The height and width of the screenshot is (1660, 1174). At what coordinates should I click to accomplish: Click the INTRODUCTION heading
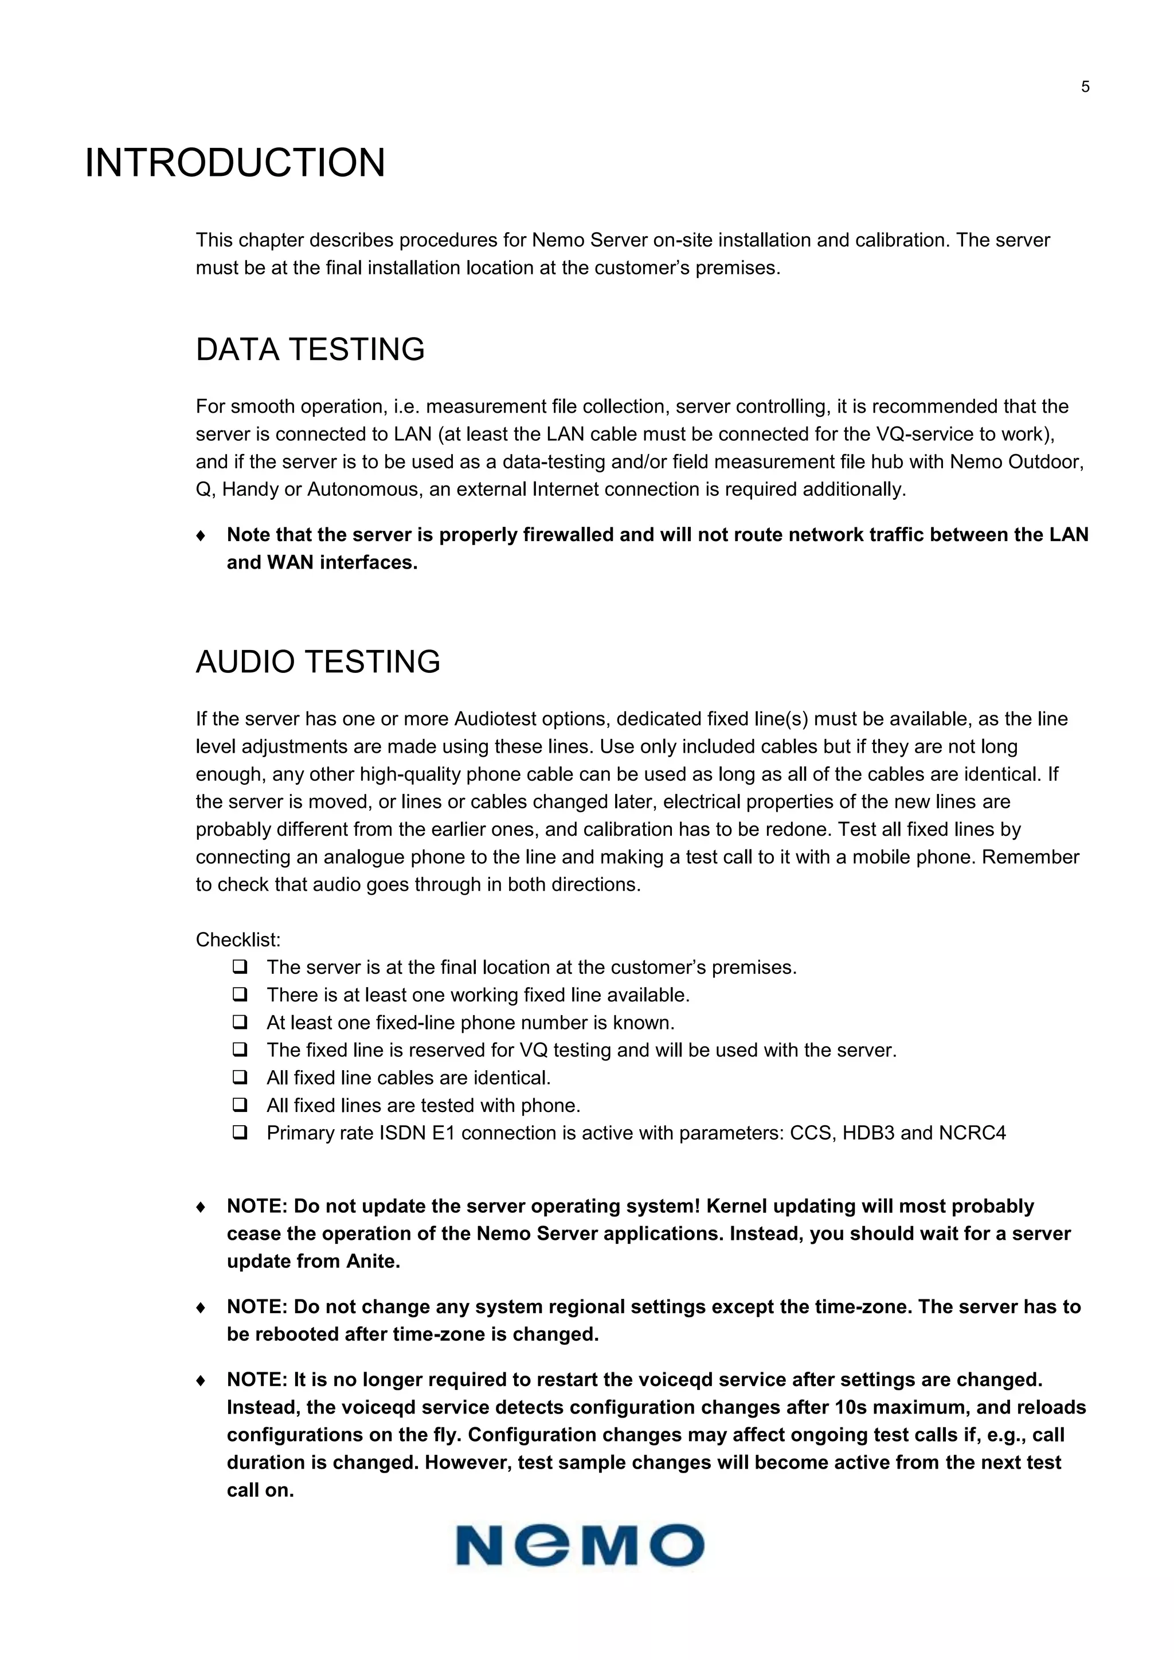pyautogui.click(x=235, y=163)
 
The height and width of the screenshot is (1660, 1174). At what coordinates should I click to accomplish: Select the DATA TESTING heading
pyautogui.click(x=310, y=350)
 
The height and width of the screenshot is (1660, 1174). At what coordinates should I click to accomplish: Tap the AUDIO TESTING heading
pyautogui.click(x=318, y=662)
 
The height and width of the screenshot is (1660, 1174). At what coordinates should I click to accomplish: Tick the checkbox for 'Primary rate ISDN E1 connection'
pyautogui.click(x=240, y=1132)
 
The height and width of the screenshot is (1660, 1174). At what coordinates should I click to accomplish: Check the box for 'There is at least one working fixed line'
pyautogui.click(x=240, y=995)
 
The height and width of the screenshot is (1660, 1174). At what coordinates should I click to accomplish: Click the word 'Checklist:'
pyautogui.click(x=238, y=940)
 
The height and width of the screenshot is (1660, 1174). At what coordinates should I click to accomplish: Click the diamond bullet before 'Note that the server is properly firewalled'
pyautogui.click(x=201, y=536)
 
